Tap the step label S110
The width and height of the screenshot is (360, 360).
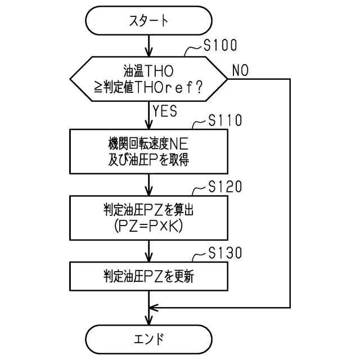tap(225, 121)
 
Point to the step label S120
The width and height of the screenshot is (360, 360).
tap(225, 187)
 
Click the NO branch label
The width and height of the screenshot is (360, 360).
tap(240, 70)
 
